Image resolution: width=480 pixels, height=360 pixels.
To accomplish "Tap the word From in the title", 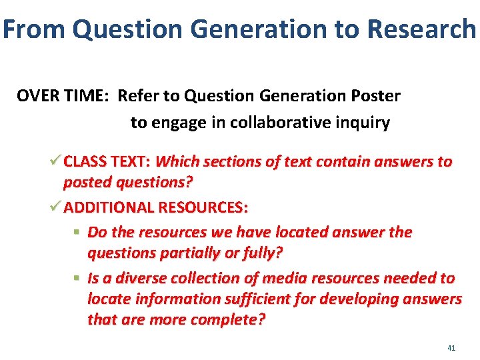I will click(x=34, y=29).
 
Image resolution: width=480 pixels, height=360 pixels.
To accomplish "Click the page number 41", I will click(x=451, y=348).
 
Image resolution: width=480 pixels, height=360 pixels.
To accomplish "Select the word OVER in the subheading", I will click(x=37, y=96).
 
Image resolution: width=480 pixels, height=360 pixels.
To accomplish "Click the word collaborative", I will click(x=269, y=123).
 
